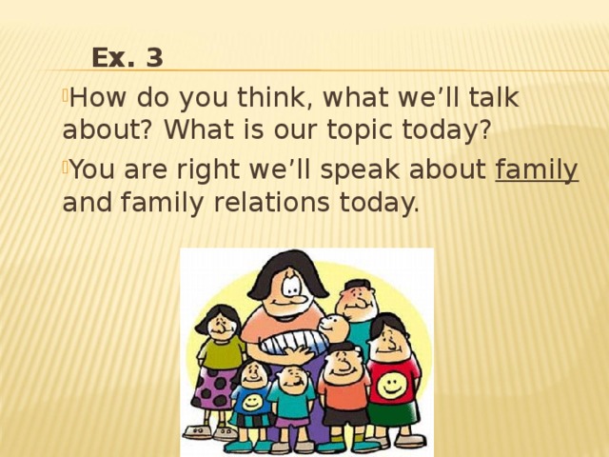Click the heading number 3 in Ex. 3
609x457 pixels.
pyautogui.click(x=154, y=57)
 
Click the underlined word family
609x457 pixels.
pyautogui.click(x=537, y=170)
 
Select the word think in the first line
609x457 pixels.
pyautogui.click(x=275, y=97)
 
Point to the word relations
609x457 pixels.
pyautogui.click(x=271, y=203)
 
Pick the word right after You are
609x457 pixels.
pyautogui.click(x=207, y=170)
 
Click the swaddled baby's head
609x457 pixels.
pyautogui.click(x=334, y=328)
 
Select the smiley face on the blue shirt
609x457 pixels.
pyautogui.click(x=252, y=403)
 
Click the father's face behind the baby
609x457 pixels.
pyautogui.click(x=357, y=301)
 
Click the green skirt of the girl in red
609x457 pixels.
pyautogui.click(x=393, y=414)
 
